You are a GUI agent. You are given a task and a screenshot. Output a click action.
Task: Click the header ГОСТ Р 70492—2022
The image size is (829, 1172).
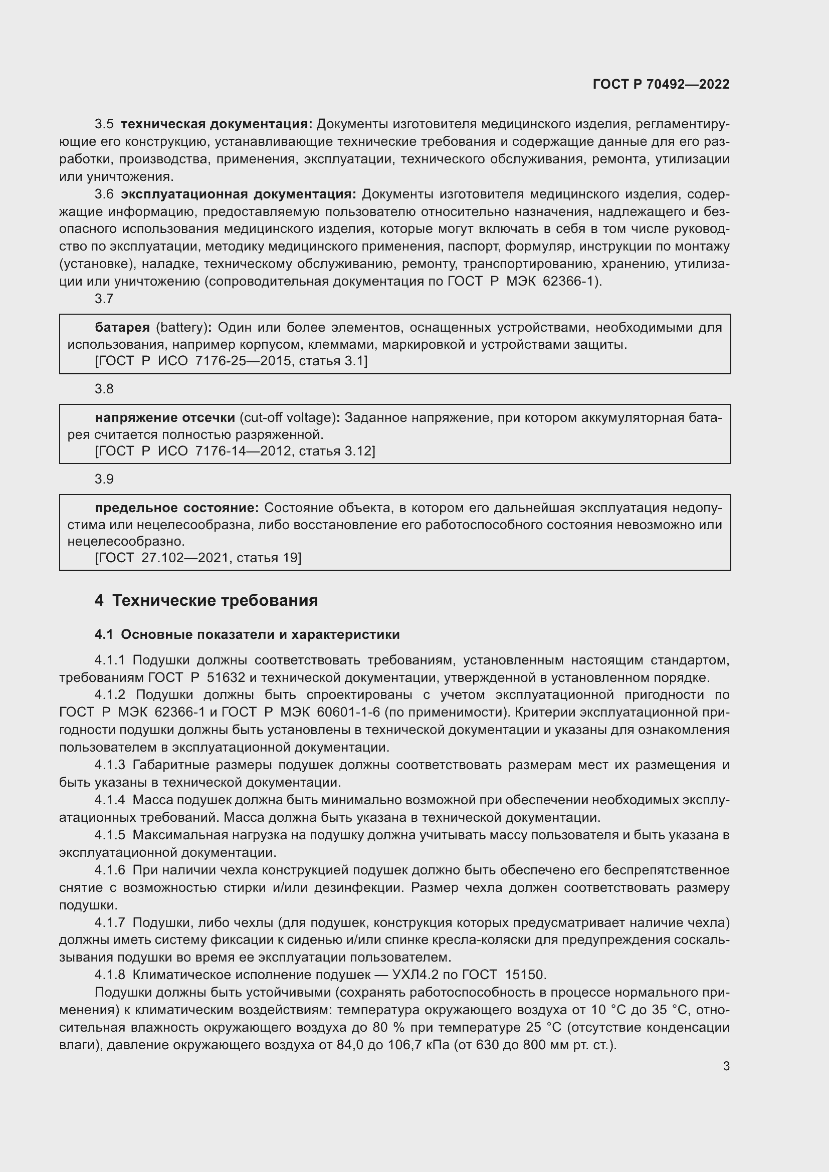[x=661, y=85]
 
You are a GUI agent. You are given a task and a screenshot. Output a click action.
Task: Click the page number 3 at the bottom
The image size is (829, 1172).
[x=726, y=1066]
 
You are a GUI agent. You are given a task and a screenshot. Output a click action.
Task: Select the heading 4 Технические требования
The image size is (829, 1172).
[x=206, y=601]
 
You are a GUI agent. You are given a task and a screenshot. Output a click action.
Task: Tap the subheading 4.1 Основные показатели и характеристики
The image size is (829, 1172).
[x=247, y=634]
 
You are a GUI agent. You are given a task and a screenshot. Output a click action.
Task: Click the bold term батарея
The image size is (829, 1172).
[x=122, y=327]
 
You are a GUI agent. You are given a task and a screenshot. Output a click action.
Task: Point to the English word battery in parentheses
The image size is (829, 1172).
[x=182, y=327]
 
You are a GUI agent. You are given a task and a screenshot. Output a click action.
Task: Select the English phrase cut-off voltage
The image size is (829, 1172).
[x=288, y=417]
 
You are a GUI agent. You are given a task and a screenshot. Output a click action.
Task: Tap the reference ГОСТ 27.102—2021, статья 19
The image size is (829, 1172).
[x=198, y=558]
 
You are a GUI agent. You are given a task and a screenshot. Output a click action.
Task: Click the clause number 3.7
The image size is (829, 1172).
[x=104, y=299]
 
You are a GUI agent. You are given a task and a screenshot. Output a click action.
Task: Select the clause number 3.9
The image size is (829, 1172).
[x=104, y=479]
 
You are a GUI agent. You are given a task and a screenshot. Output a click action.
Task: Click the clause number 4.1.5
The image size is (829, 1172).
[x=110, y=835]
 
